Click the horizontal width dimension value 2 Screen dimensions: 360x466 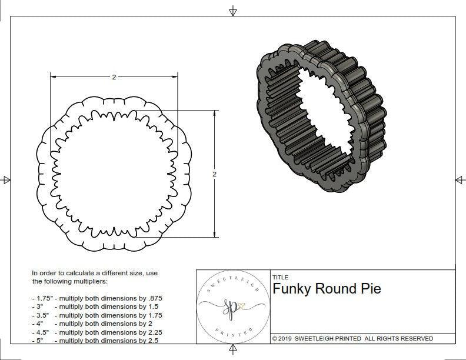[x=114, y=77]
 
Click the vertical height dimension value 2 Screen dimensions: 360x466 [x=214, y=174]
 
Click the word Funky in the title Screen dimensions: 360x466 [x=292, y=289]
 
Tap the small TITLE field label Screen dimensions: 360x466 [x=281, y=277]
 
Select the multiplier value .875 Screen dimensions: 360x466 [x=155, y=298]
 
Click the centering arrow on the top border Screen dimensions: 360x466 [x=233, y=11]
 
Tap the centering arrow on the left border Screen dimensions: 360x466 [x=6, y=179]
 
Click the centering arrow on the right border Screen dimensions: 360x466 [x=460, y=179]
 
